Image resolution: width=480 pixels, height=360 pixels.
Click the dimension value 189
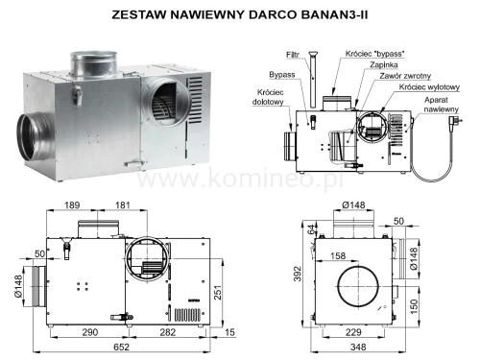point(71,204)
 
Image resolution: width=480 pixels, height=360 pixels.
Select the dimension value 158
point(338,256)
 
